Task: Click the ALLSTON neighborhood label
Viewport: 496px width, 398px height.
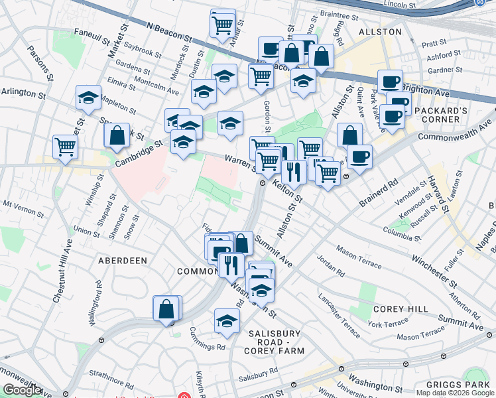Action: point(380,31)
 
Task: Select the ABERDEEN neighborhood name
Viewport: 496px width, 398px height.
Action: point(123,261)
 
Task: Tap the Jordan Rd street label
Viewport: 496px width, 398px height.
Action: point(331,265)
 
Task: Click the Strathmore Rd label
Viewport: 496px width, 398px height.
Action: point(107,372)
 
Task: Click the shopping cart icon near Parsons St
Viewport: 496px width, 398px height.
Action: point(66,145)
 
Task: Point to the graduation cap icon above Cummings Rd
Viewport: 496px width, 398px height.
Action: point(227,320)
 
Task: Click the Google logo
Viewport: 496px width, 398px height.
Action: point(22,390)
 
